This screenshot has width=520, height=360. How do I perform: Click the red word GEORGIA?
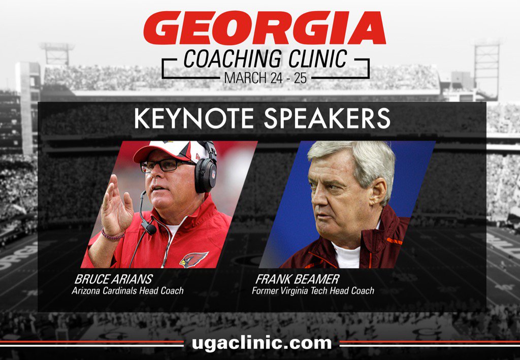click(x=265, y=28)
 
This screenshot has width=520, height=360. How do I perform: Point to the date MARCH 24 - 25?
click(x=266, y=79)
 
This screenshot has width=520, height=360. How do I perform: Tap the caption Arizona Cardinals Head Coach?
click(x=127, y=291)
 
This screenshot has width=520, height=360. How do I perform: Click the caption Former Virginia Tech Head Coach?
click(x=313, y=291)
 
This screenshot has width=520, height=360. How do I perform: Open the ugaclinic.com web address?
click(x=262, y=343)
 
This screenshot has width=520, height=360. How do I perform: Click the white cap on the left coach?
click(x=168, y=150)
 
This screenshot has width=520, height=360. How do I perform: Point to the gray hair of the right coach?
click(x=355, y=157)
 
